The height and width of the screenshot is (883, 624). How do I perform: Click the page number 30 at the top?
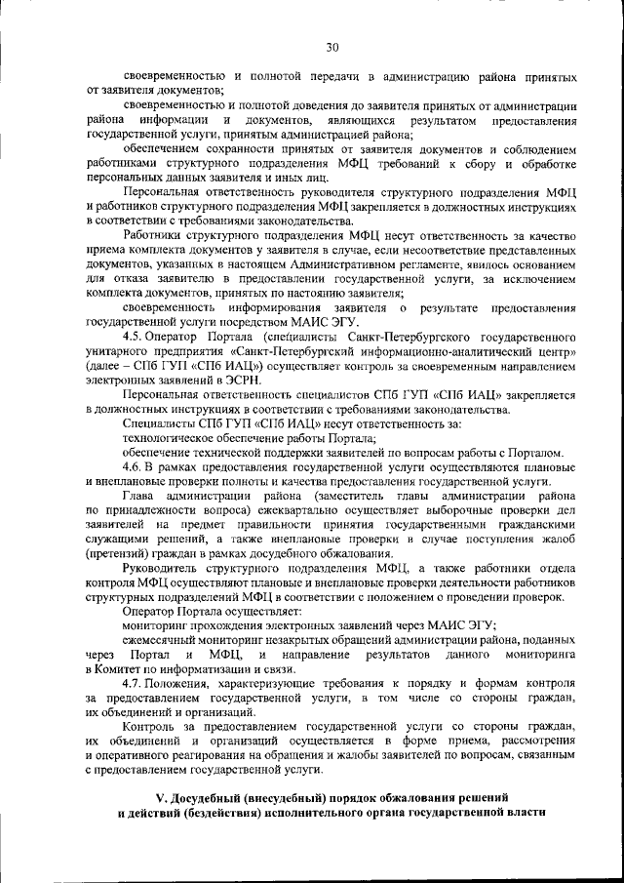[331, 46]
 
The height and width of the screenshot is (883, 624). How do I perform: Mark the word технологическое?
[169, 438]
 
